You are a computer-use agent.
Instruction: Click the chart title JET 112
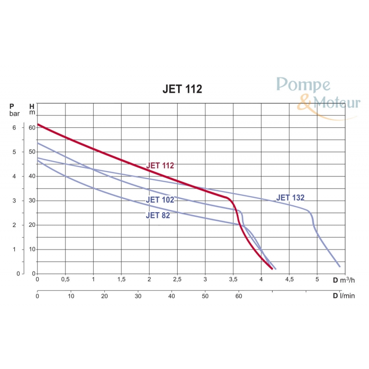182,89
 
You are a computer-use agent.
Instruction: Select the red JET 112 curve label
160,165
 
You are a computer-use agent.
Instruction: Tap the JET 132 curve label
290,198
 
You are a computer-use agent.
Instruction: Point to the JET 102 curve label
160,200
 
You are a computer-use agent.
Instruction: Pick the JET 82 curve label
158,215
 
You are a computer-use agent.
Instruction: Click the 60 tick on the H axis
32,127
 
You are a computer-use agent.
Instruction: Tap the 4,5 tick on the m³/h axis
289,280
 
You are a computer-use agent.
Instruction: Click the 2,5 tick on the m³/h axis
177,280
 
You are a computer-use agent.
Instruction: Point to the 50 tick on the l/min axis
205,296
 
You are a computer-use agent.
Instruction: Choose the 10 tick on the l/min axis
71,296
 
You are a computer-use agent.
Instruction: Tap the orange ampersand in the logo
304,103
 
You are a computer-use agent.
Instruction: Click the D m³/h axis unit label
343,280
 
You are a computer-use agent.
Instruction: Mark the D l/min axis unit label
343,296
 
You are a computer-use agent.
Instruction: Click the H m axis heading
32,109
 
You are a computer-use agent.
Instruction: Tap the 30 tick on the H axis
32,201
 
